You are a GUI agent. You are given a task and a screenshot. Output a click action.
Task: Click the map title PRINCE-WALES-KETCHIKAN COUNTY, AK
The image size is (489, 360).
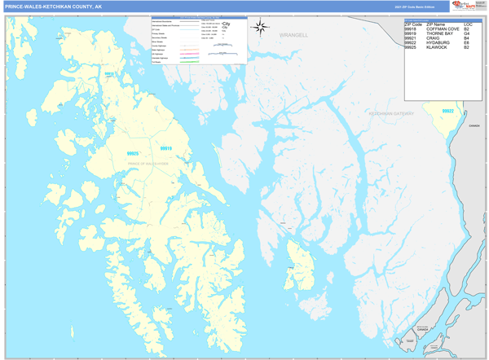(54, 7)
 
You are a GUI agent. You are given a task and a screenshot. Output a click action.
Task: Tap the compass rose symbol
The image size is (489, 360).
(261, 28)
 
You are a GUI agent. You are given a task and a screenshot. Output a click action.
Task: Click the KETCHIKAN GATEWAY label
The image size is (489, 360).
(392, 113)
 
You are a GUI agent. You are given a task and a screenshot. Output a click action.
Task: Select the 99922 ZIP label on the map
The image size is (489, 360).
(447, 111)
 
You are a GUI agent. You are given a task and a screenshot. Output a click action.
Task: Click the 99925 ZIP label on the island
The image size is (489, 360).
(133, 153)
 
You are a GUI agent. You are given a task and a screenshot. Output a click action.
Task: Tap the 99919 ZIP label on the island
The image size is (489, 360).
(166, 148)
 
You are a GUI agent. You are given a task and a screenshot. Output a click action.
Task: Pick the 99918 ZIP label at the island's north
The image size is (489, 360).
(109, 74)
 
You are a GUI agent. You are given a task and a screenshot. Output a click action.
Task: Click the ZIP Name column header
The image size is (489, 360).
(436, 24)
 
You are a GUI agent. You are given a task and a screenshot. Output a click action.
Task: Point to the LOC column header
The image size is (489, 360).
(468, 24)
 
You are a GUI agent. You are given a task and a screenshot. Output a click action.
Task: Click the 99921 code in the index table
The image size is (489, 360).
(412, 39)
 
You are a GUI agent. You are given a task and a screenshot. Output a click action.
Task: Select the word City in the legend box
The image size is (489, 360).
(226, 25)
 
